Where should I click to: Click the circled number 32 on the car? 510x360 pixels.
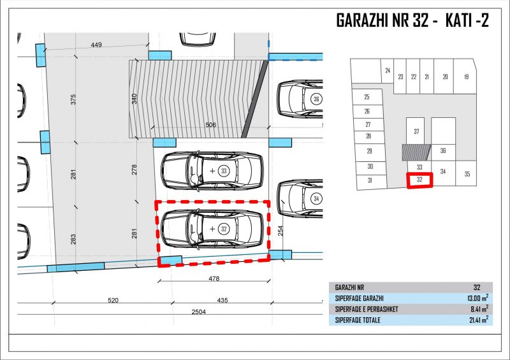pos(224,229)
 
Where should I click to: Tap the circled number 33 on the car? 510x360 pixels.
pos(224,171)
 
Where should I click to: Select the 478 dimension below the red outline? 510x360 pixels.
pos(214,278)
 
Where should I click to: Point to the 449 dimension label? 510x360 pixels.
pos(96,45)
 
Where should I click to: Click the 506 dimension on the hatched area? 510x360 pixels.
pos(211,124)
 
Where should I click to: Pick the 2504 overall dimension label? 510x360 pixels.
pos(199,312)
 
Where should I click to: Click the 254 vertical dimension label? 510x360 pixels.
pos(280,231)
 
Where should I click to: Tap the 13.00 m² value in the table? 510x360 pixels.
pos(477,298)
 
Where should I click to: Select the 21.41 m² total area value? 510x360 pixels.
pos(479,320)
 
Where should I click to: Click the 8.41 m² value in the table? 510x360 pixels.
pos(479,309)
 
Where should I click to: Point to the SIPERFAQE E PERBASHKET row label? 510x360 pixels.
pos(367,309)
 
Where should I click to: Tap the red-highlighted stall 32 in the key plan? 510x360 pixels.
pos(419,180)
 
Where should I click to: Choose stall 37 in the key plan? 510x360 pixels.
pos(416,131)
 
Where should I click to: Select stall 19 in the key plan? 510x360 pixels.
pos(466,76)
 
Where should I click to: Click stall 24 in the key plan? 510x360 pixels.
pos(388,70)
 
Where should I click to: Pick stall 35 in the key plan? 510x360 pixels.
pos(467,174)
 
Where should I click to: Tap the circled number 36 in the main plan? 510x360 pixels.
pos(316,99)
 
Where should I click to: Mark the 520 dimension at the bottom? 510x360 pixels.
pos(113,300)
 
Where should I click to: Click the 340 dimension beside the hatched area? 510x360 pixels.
pos(135,99)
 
